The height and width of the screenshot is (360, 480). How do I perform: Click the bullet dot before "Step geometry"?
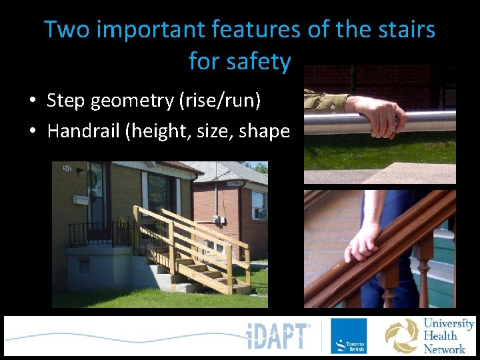(32, 101)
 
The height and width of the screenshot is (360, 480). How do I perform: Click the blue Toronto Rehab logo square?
(349, 336)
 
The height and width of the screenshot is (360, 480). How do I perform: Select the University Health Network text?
(449, 336)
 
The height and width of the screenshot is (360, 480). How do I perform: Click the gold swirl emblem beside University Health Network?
(402, 336)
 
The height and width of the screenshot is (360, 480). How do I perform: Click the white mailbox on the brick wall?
(81, 199)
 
